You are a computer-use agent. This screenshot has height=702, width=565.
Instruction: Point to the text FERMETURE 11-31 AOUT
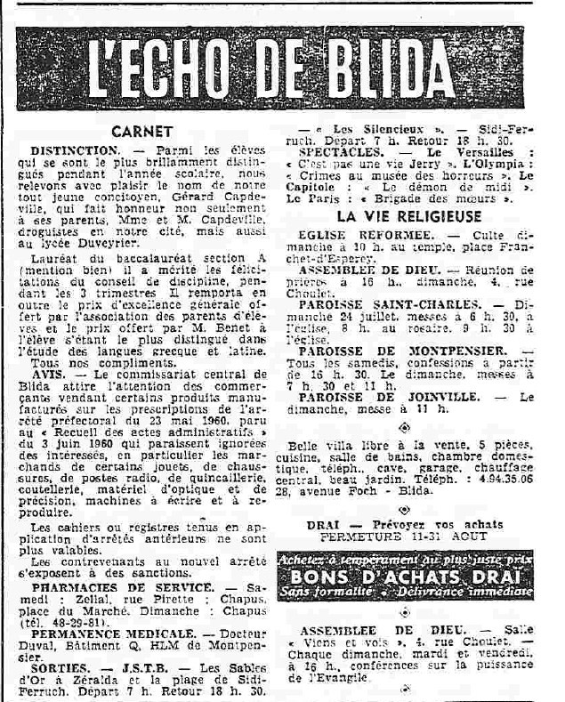pos(401,537)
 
